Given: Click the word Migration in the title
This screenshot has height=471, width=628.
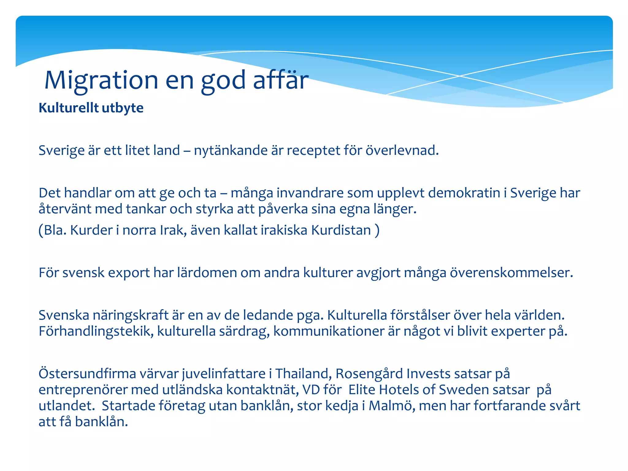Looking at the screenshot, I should (101, 80).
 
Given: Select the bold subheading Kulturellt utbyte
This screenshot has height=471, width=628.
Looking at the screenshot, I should (91, 108).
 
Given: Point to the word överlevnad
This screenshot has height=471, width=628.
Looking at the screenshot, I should (402, 151).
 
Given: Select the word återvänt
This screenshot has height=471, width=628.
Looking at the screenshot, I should (65, 209).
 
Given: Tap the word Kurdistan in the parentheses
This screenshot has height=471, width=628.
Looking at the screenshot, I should (341, 230).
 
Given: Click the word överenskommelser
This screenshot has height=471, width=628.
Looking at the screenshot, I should (511, 273).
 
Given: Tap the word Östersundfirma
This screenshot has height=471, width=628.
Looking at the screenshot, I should (87, 374).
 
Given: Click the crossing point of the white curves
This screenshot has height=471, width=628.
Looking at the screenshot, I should (459, 76).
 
